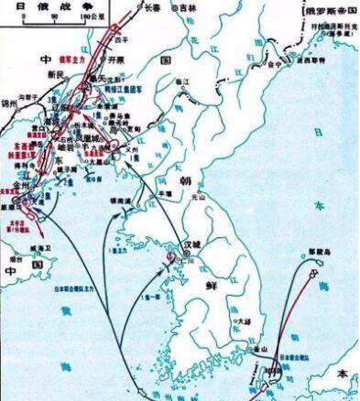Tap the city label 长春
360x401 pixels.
[127, 6]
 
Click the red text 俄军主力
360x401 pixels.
[96, 55]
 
